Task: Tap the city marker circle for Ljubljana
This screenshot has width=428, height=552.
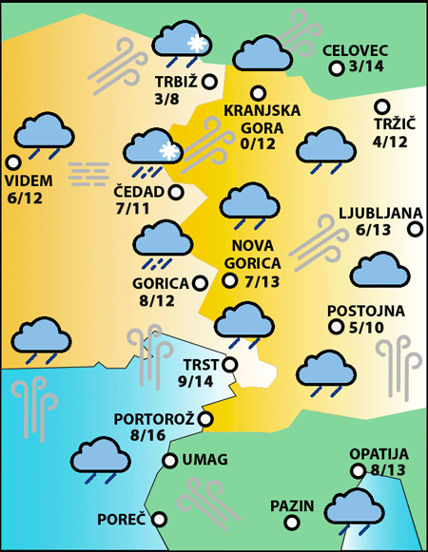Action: coord(415,228)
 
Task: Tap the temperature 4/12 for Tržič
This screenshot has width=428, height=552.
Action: coord(390,142)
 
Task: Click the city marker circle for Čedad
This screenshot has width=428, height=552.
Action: coord(176,192)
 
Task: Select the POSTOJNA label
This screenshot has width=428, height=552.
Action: coord(365,311)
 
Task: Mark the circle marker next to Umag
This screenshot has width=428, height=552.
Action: coord(169,461)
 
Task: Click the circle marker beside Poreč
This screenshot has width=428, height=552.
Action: coord(159,520)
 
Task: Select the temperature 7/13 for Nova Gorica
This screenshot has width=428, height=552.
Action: coord(261,281)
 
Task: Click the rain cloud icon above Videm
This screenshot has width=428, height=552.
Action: coord(42,136)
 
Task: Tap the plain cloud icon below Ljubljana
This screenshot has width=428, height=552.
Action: coord(379,272)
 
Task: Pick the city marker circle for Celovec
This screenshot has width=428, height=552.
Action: coord(336,67)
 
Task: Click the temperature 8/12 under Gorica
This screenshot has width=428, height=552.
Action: coord(156,300)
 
